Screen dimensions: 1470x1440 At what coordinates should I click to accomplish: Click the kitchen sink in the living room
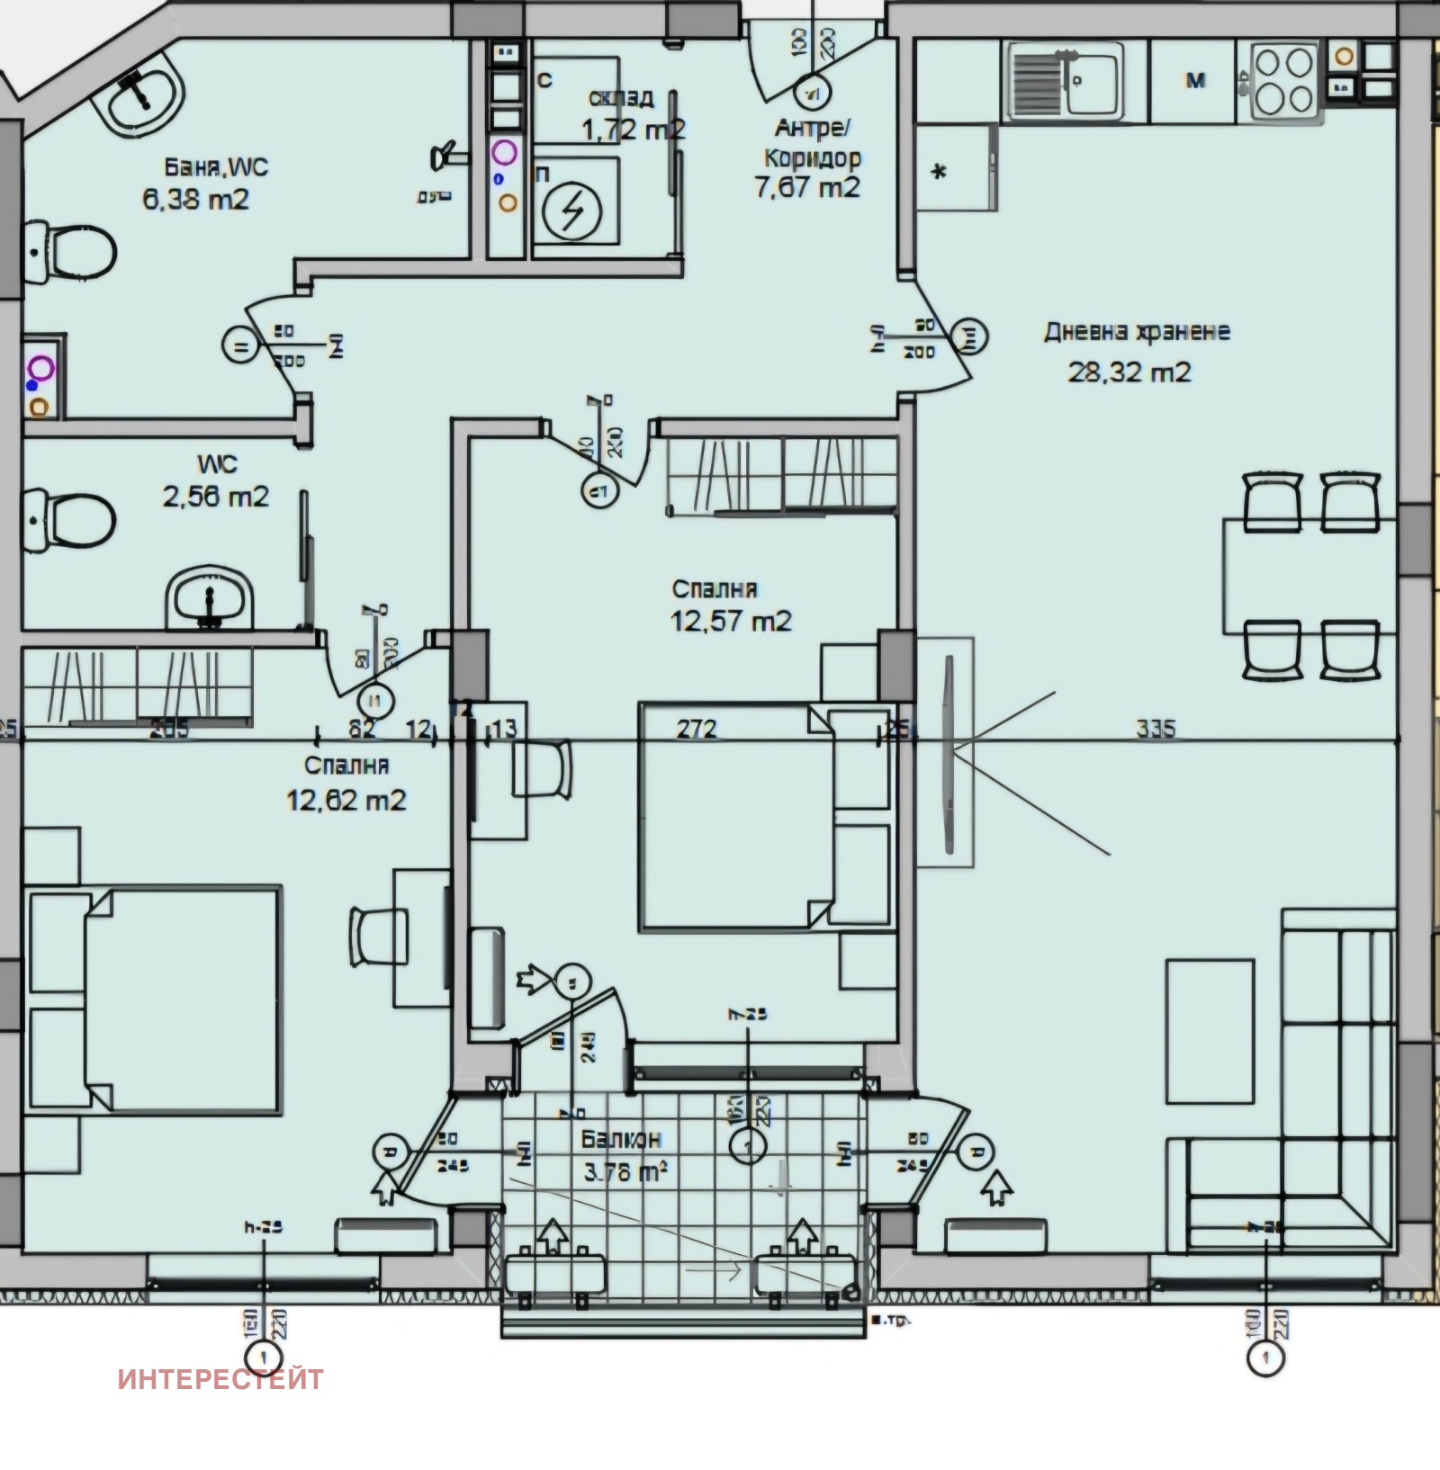tap(1066, 81)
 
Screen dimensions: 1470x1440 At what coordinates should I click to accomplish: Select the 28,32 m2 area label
tap(1129, 372)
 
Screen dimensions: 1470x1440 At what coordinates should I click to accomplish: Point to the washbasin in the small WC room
tap(209, 597)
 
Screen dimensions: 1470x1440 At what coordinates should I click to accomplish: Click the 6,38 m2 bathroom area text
tap(195, 199)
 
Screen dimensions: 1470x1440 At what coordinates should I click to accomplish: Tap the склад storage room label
tap(620, 98)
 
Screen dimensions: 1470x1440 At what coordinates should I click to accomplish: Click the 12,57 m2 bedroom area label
tap(731, 621)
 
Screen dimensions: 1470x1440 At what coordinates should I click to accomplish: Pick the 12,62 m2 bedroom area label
tap(346, 799)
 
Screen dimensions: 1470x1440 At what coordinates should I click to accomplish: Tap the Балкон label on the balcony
tap(621, 1138)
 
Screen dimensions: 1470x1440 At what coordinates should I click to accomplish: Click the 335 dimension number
tap(1155, 727)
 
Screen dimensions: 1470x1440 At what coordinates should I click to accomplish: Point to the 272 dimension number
tap(697, 727)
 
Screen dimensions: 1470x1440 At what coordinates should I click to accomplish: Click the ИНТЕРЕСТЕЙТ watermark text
tap(220, 1379)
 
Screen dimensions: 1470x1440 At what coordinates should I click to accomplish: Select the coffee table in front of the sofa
tap(1210, 1031)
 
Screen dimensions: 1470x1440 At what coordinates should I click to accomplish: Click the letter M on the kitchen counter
tap(1195, 81)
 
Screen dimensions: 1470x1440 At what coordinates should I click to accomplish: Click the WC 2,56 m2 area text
tap(215, 496)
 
